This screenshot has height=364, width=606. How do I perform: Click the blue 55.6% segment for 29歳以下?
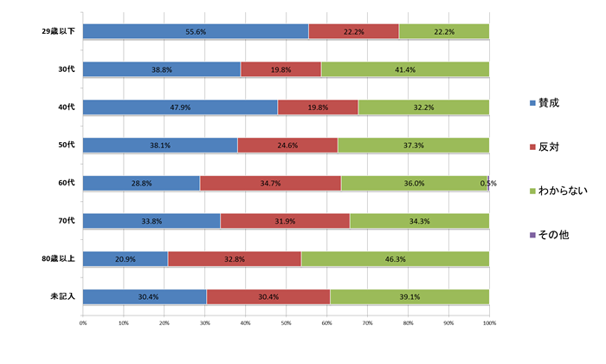tap(196, 31)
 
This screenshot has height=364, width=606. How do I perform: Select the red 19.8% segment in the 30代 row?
tap(280, 69)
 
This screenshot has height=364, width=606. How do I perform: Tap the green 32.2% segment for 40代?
tap(423, 107)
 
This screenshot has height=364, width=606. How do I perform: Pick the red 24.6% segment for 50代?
tap(287, 145)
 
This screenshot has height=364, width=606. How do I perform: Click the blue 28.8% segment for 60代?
tap(141, 183)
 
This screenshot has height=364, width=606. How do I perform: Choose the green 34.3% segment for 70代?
tap(419, 221)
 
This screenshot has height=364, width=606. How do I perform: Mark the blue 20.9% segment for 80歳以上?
tap(126, 258)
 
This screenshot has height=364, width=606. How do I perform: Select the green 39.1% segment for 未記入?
tap(409, 296)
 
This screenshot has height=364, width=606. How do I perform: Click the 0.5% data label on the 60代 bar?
tap(487, 183)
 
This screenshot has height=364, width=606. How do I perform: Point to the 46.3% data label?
tap(395, 258)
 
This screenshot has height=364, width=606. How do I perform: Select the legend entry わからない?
tap(557, 191)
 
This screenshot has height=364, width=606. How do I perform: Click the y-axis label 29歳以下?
tap(60, 31)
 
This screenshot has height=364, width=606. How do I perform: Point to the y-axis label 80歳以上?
tap(60, 258)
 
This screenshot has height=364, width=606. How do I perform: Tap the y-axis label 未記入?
tap(64, 296)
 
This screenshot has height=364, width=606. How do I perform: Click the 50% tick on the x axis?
tap(287, 323)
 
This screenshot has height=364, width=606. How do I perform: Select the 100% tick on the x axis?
tap(488, 323)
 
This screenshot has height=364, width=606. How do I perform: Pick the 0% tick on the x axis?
tap(83, 323)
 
